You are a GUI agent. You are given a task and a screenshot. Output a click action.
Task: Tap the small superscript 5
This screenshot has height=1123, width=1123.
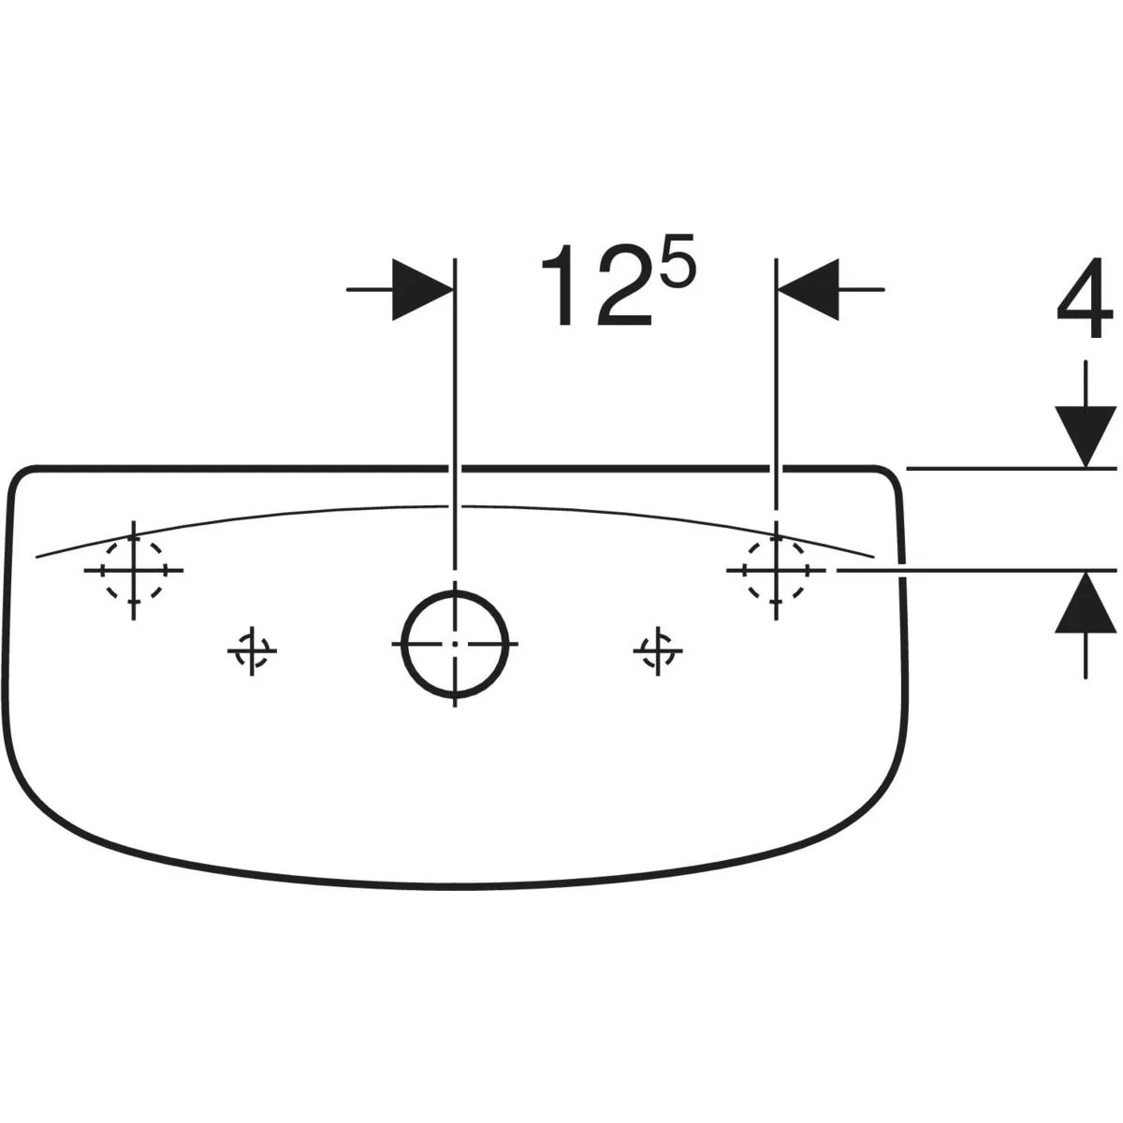coord(678,261)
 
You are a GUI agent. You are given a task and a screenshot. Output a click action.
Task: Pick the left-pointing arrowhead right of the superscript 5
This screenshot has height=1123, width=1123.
coord(809,289)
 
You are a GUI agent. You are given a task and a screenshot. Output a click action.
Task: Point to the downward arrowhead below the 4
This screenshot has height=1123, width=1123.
coord(1085,437)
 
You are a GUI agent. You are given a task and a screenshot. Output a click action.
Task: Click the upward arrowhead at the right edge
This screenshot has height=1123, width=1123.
coord(1085,602)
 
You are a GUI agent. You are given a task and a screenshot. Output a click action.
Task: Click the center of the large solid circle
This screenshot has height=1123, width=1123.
coord(455,644)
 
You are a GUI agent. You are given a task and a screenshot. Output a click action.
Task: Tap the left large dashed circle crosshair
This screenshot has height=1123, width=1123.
coord(134,570)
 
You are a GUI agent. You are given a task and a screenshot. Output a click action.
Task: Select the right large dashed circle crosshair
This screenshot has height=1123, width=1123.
coord(776,570)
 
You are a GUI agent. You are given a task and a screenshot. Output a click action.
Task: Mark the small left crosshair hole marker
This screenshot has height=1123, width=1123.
coord(252,651)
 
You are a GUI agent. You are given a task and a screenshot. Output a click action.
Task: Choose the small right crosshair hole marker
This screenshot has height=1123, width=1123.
coord(657,651)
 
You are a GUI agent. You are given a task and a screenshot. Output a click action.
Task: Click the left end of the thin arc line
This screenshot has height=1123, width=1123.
coord(36,557)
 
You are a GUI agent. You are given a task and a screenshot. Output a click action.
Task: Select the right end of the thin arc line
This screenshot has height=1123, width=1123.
coord(873,557)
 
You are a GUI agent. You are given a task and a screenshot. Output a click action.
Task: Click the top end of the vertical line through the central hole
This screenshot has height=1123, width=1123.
coord(455,258)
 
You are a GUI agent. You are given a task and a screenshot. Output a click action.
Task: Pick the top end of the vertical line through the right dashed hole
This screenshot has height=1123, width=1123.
coord(776,258)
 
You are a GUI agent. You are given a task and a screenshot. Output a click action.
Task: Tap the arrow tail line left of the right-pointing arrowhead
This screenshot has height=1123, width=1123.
coord(370,289)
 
